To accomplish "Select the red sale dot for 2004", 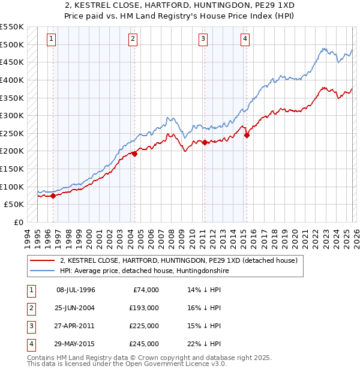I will [x=134, y=154].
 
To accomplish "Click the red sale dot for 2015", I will [x=247, y=136].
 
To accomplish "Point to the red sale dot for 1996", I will [x=53, y=196].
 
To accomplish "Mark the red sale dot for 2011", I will [x=205, y=142].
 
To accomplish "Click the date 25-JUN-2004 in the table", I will [x=76, y=308].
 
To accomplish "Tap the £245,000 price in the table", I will [x=145, y=344].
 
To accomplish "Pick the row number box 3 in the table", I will [x=30, y=326].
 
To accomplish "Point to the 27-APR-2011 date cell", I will [x=76, y=326].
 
